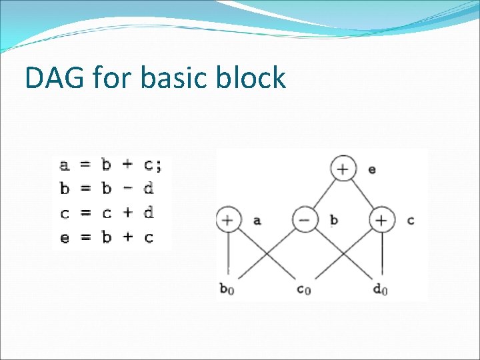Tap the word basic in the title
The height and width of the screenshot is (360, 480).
point(177,78)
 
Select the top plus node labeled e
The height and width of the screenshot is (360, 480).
point(342,169)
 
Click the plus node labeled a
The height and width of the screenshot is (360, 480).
point(228,220)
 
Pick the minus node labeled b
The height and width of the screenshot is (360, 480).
point(305,220)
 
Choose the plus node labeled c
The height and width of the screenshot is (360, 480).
point(381,220)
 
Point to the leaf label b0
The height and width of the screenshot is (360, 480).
point(227,289)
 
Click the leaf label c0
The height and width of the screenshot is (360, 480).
point(304,289)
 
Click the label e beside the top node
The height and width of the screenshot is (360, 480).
point(371,169)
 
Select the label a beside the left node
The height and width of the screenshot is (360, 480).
point(257,220)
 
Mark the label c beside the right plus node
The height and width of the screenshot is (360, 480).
point(410,220)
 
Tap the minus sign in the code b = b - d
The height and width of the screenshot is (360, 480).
point(128,189)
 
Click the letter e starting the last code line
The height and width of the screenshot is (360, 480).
point(65,237)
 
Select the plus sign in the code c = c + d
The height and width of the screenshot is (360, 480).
point(128,213)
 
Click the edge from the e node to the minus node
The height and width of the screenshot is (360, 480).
point(323,195)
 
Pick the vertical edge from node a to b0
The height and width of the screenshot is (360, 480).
point(228,257)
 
